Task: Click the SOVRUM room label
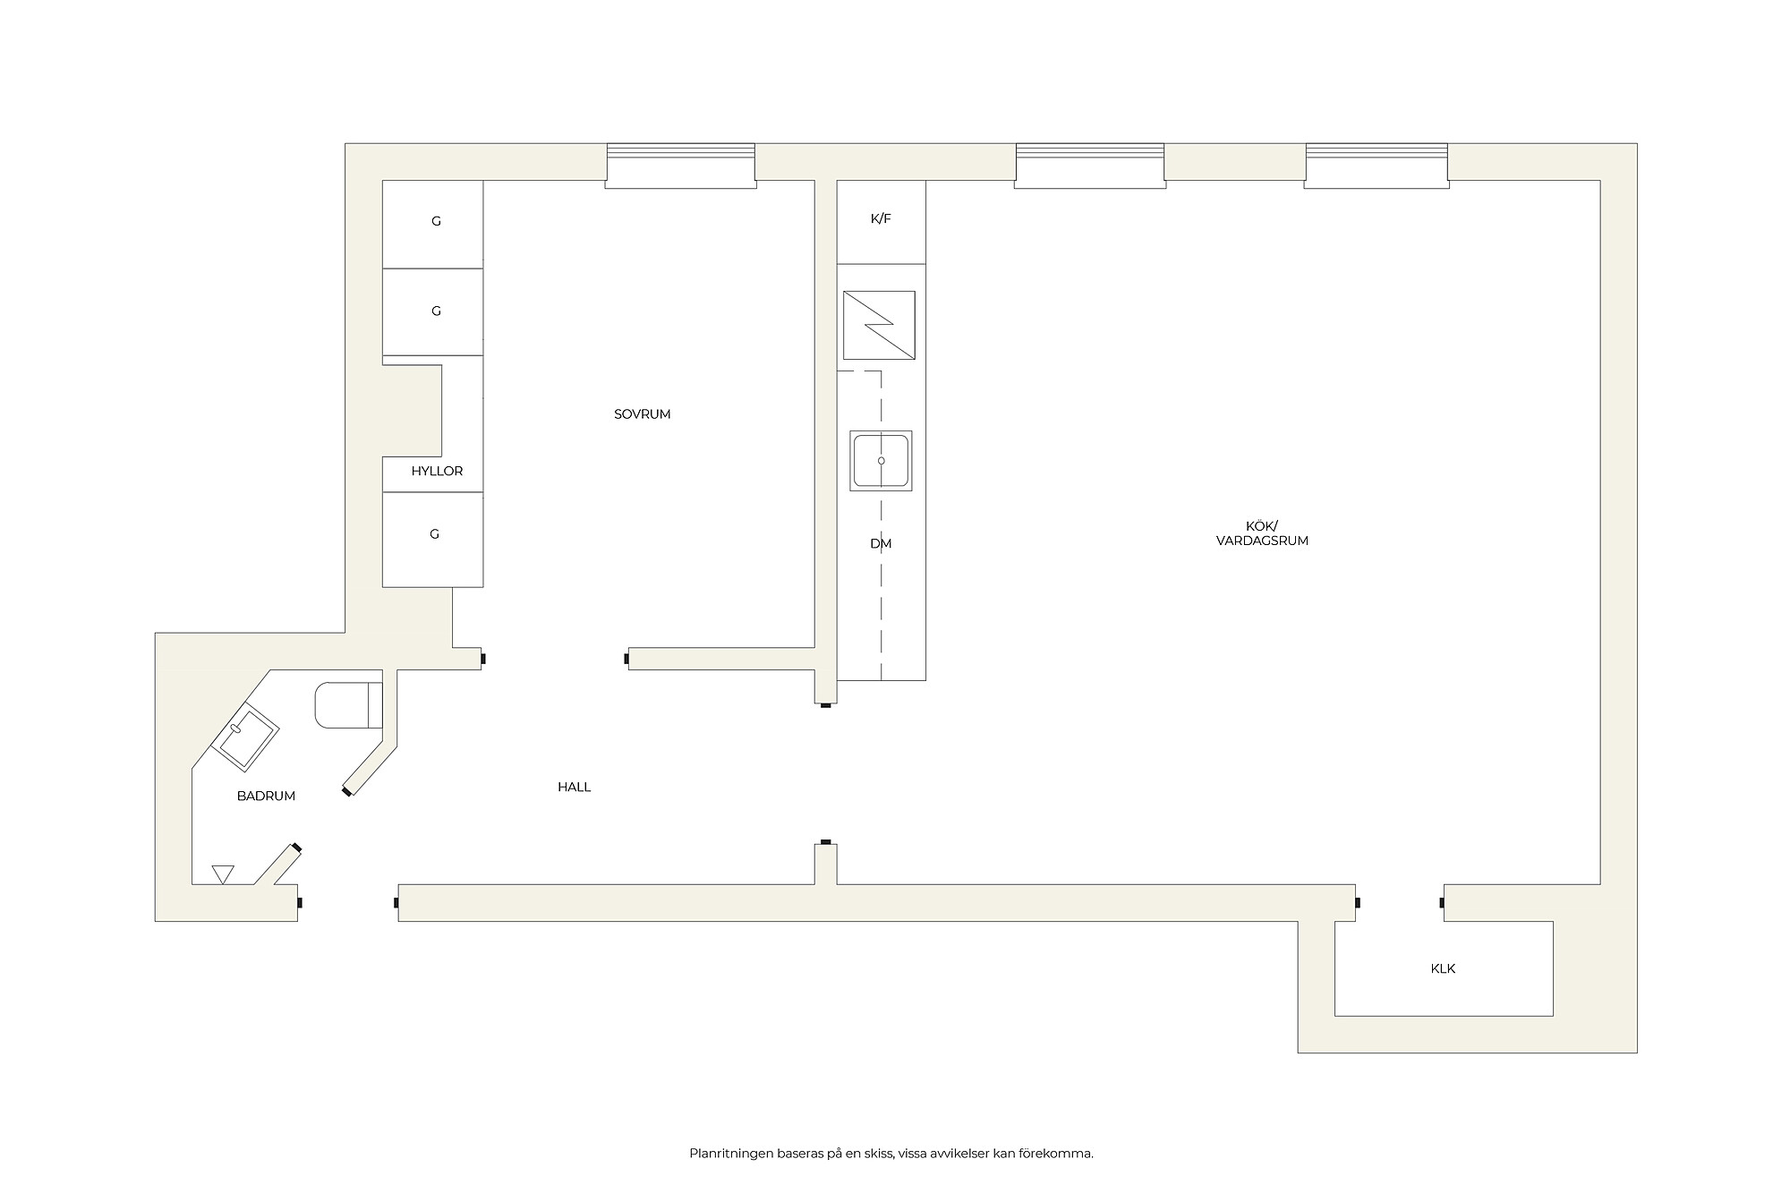point(642,414)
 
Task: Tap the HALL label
point(574,788)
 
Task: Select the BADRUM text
point(266,796)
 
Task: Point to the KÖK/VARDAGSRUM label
point(1262,533)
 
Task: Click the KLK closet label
point(1443,968)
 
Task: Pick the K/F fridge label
point(881,218)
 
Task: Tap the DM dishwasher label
point(881,543)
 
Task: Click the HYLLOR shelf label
point(437,471)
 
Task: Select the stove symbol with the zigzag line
point(879,325)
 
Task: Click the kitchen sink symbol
point(881,461)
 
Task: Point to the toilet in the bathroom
point(348,705)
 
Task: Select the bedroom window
point(680,166)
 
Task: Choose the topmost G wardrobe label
point(436,221)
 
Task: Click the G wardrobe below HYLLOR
point(434,534)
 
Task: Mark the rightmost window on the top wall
point(1376,166)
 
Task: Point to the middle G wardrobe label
point(436,311)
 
